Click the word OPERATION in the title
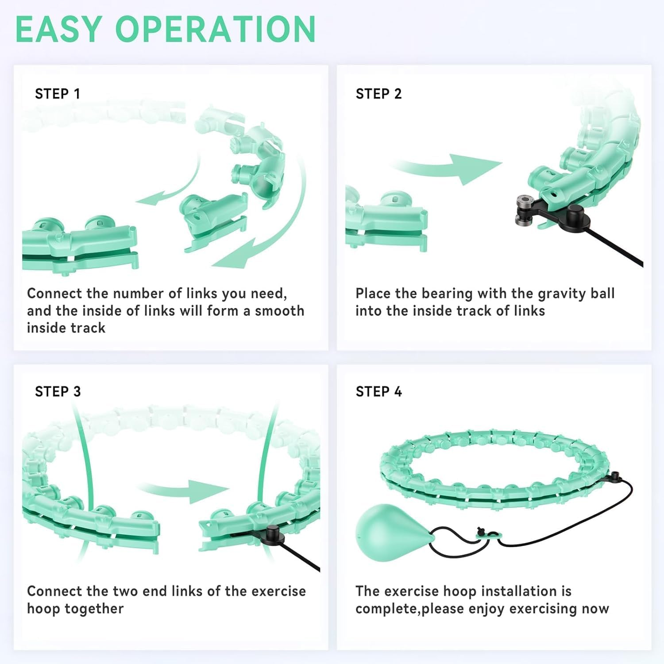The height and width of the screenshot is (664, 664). [216, 29]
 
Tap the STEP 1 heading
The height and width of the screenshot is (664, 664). [58, 94]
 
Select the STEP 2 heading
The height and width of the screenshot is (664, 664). [378, 94]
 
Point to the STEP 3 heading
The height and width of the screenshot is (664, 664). [58, 391]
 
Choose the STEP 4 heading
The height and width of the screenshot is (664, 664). [378, 391]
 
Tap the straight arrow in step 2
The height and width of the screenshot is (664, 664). [447, 169]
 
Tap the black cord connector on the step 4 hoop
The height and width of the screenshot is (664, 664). [615, 477]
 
